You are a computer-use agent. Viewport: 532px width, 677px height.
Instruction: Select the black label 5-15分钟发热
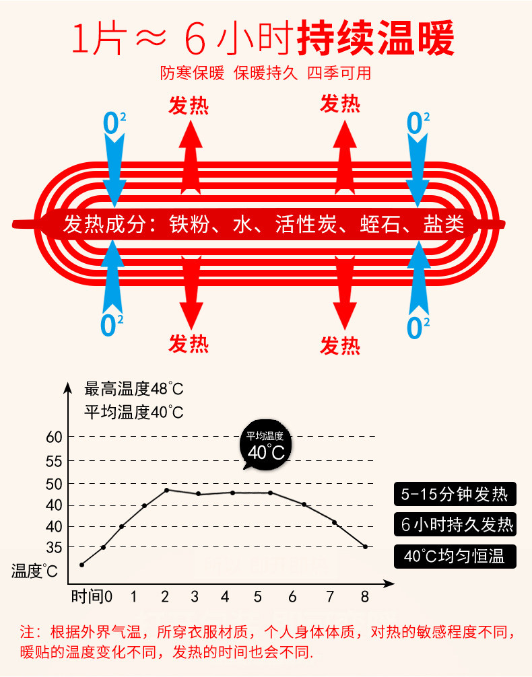[x=455, y=495]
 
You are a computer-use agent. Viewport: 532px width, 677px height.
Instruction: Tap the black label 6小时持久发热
[x=455, y=525]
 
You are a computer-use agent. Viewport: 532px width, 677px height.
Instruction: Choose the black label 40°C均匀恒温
[x=455, y=556]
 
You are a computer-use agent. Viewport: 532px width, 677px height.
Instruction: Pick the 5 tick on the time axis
[x=257, y=596]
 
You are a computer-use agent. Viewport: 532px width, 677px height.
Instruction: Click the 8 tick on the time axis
[x=365, y=596]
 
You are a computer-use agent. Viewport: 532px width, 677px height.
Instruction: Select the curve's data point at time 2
[x=166, y=490]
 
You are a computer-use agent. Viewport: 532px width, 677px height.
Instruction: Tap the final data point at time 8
[x=366, y=547]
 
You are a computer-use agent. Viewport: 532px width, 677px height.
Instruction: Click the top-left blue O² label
[x=114, y=123]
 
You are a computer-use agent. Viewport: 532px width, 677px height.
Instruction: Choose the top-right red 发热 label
[x=340, y=104]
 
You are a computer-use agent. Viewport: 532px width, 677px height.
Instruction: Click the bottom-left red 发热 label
[x=189, y=343]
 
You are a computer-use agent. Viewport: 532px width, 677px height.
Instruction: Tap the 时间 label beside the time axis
[x=88, y=596]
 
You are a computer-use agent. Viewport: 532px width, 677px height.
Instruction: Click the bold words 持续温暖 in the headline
[x=376, y=39]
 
